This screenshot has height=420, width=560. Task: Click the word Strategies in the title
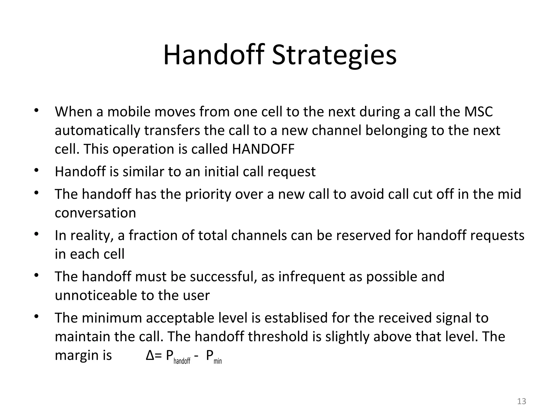(334, 56)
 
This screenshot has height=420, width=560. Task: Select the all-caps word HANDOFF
(263, 149)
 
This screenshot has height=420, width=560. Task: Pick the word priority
(208, 194)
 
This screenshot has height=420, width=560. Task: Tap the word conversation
(95, 213)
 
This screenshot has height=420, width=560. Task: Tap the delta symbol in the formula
(150, 355)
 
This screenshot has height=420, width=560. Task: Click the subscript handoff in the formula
(182, 361)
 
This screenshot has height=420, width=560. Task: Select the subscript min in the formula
(218, 361)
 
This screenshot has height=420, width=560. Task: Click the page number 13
(522, 401)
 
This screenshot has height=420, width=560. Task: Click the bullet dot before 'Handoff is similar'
(36, 170)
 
